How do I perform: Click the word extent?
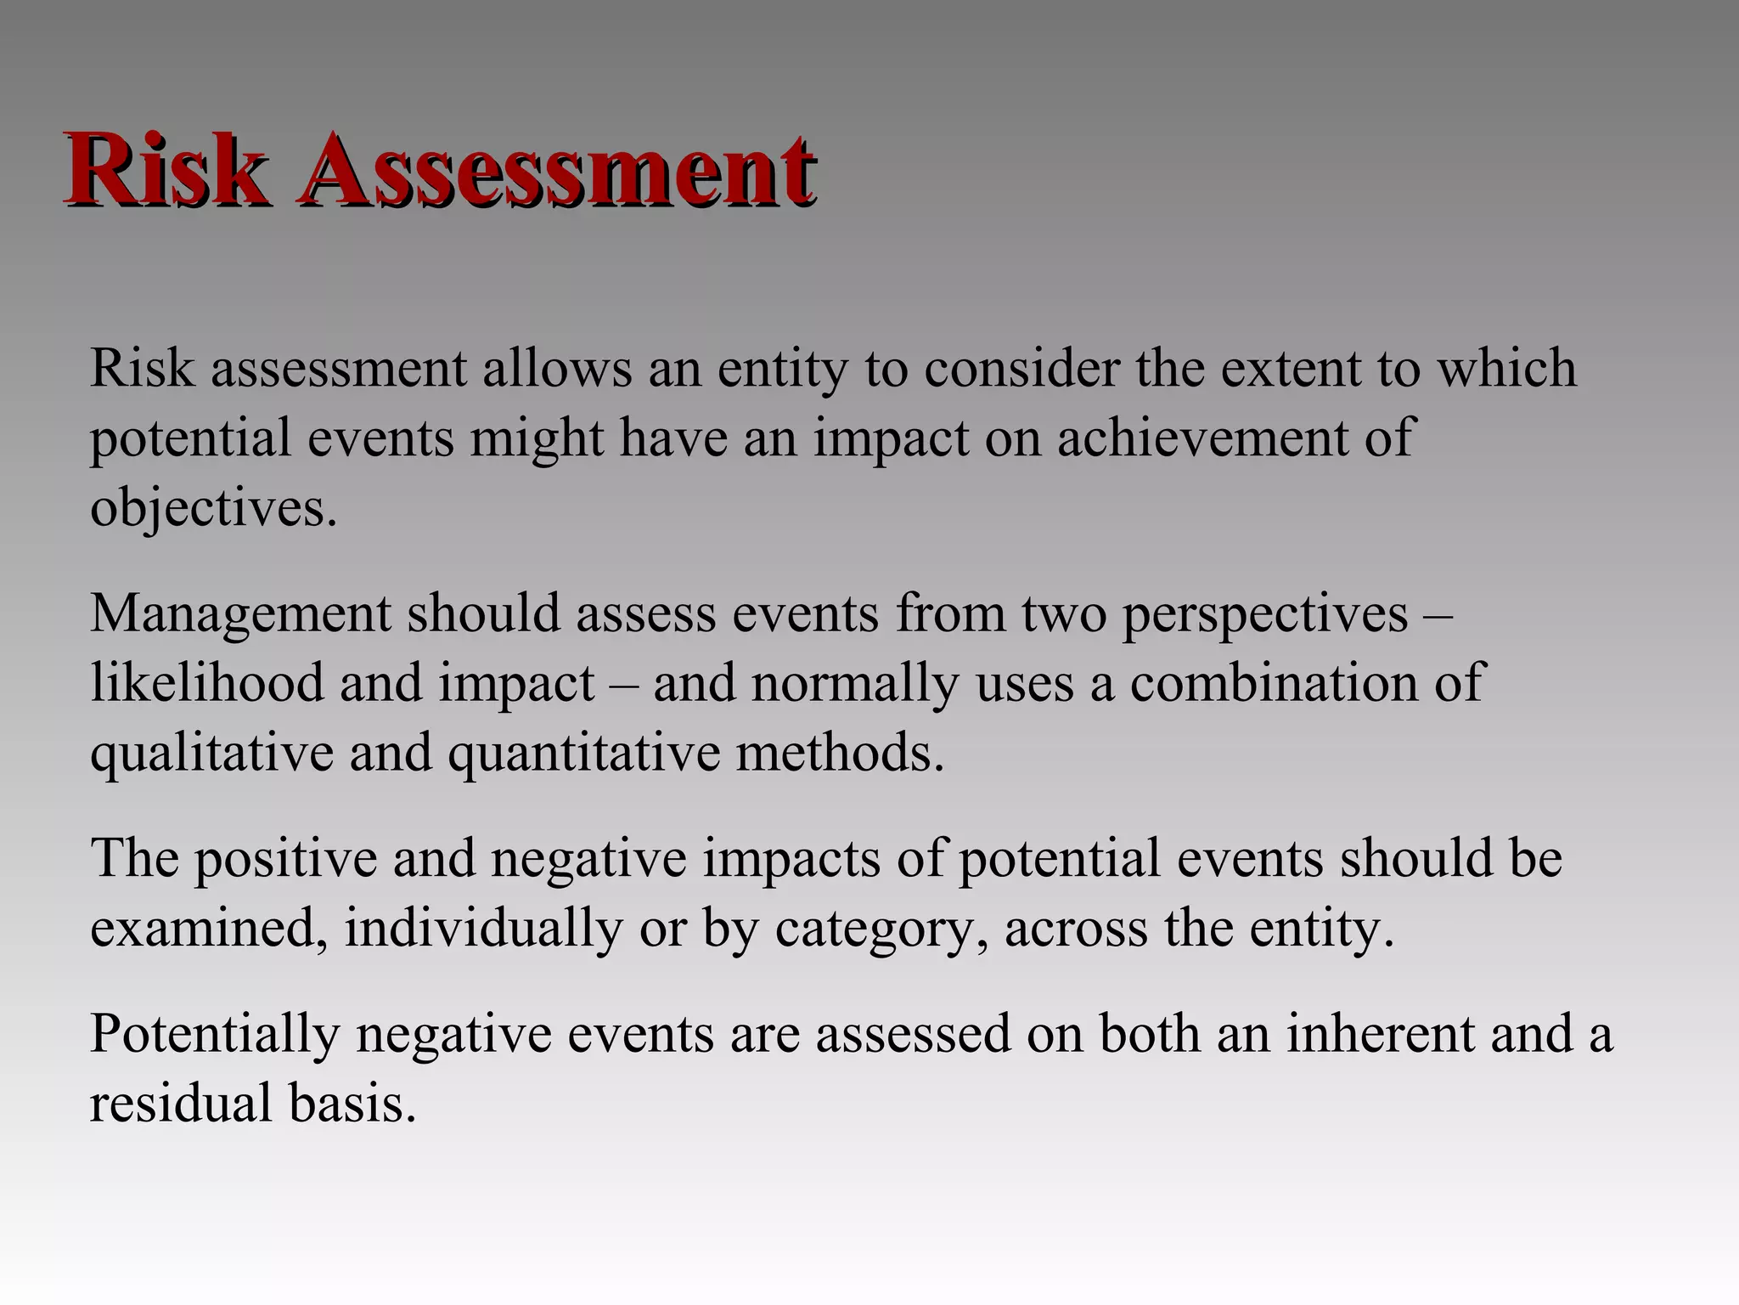1286,369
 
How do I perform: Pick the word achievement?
1202,438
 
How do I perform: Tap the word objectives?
213,510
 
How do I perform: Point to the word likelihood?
207,683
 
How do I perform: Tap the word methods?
840,753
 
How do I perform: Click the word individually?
483,929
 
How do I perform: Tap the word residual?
181,1104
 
